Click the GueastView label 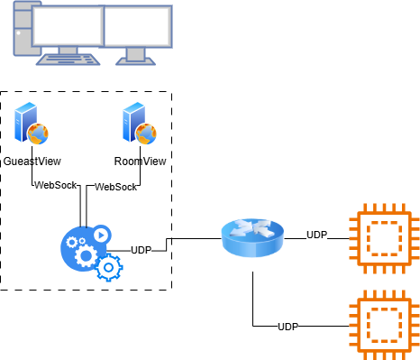click(x=32, y=162)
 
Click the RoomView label click(x=140, y=162)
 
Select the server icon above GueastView click(x=32, y=124)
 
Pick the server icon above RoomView click(x=140, y=124)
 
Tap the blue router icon click(x=252, y=237)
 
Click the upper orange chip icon click(x=385, y=238)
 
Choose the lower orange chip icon click(x=385, y=326)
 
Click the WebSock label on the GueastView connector click(x=56, y=185)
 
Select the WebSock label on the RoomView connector click(x=115, y=187)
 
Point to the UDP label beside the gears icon click(x=142, y=250)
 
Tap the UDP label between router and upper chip click(x=316, y=235)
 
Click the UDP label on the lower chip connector click(x=288, y=327)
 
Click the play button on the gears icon click(x=101, y=235)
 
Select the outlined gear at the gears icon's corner click(x=109, y=267)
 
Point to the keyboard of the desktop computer click(x=68, y=60)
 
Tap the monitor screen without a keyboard click(x=138, y=26)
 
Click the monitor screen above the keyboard click(x=68, y=26)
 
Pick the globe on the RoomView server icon click(x=146, y=134)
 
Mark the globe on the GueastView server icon click(x=38, y=134)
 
